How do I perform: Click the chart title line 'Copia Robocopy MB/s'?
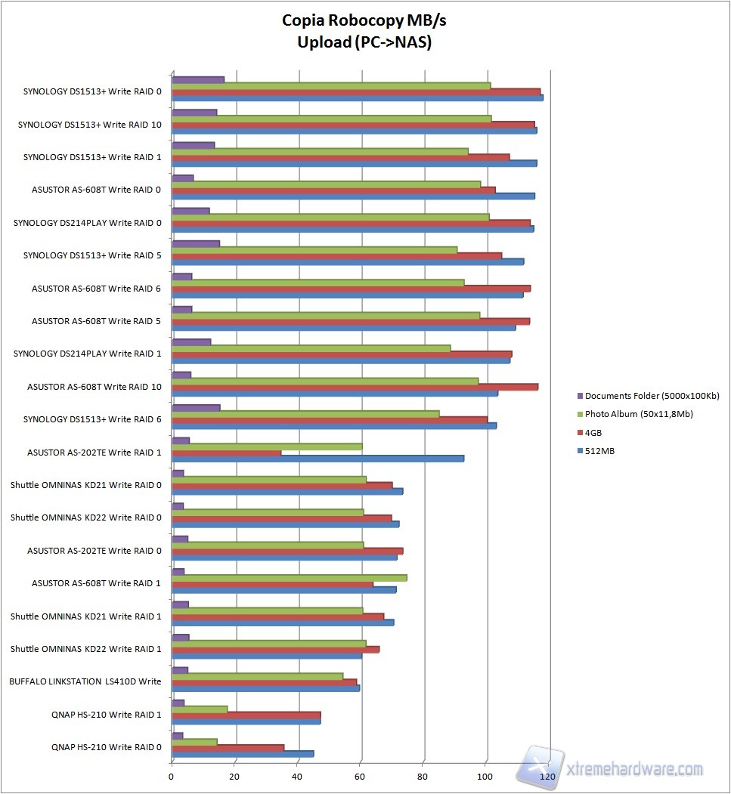click(364, 20)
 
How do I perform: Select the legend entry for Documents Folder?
click(652, 396)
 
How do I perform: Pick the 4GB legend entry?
click(594, 433)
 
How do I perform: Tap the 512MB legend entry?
click(598, 451)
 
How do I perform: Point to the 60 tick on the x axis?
click(361, 776)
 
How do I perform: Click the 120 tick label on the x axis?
click(550, 776)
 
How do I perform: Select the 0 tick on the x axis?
click(172, 776)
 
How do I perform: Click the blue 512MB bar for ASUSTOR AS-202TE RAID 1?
click(317, 459)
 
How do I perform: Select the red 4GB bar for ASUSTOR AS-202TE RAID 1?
click(227, 453)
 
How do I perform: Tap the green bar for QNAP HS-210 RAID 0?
click(195, 742)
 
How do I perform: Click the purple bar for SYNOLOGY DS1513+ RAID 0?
click(198, 79)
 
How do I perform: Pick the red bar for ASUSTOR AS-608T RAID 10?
click(355, 387)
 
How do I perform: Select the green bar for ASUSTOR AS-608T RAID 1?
click(290, 578)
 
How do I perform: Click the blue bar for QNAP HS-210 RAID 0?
click(243, 754)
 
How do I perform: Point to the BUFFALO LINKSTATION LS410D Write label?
click(85, 681)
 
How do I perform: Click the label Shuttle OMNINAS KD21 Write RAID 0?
click(85, 485)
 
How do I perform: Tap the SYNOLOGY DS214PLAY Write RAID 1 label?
click(88, 354)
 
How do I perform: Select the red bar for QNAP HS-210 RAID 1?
click(246, 715)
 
